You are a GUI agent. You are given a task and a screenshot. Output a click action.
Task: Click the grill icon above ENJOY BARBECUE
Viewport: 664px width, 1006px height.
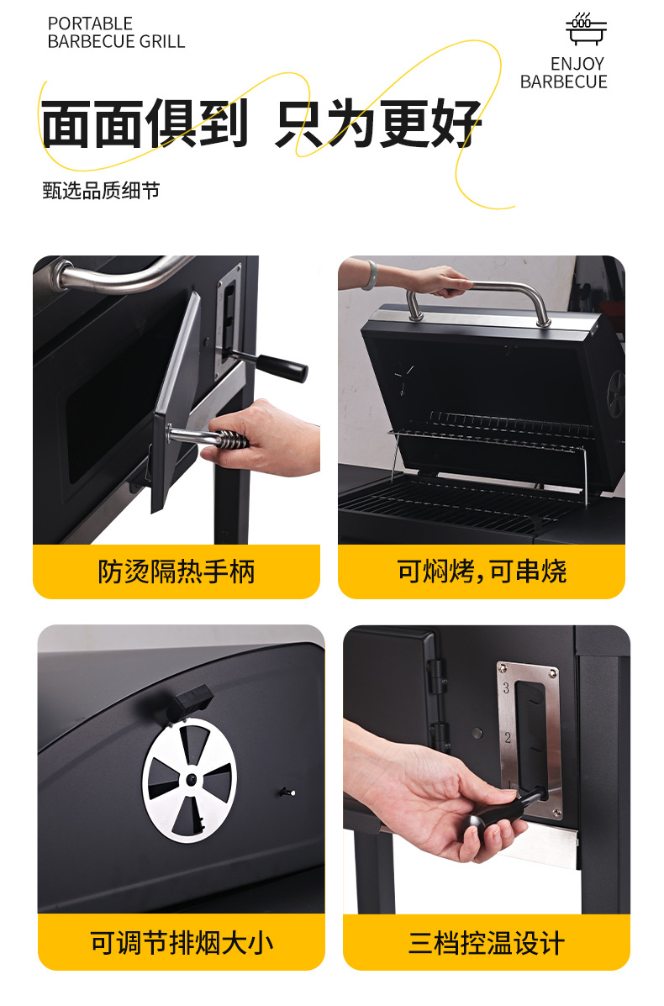click(x=586, y=29)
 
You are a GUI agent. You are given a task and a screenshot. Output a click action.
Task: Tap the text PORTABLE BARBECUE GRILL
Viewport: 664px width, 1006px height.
click(x=116, y=33)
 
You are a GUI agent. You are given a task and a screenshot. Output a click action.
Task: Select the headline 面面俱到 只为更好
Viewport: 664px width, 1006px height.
click(x=261, y=124)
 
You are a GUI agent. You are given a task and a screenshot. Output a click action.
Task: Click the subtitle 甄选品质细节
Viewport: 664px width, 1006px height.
click(x=101, y=191)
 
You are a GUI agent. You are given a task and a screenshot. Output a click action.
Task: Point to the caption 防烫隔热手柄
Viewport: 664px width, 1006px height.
click(x=177, y=571)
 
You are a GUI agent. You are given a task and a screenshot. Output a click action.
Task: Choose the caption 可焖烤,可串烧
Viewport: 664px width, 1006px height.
click(x=481, y=571)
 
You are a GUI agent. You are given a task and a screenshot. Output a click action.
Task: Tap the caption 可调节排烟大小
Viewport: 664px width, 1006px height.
click(x=182, y=943)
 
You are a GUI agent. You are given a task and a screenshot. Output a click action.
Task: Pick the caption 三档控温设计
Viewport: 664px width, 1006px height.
click(x=487, y=943)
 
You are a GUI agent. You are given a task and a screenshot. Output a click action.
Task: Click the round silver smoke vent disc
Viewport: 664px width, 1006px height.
click(x=189, y=780)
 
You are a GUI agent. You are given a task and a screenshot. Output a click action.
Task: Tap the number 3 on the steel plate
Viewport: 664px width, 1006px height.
click(x=506, y=688)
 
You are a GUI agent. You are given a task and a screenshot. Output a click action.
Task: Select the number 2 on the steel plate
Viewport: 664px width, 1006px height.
click(x=508, y=738)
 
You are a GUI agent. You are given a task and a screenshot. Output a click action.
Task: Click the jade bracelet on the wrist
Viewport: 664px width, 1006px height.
click(x=370, y=275)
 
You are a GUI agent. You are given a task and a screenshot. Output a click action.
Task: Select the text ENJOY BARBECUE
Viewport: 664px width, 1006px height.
click(x=564, y=72)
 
